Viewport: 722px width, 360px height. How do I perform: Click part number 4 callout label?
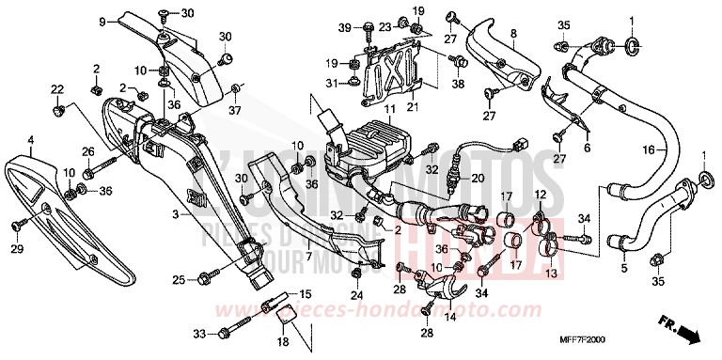pos(30,141)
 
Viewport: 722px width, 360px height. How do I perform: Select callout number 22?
pos(57,89)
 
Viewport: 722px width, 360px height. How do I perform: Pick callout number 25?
pos(178,279)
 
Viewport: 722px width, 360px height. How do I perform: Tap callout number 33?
pos(197,333)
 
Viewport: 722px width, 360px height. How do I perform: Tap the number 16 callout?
pos(648,150)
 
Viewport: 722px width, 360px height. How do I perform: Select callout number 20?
pos(477,177)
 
